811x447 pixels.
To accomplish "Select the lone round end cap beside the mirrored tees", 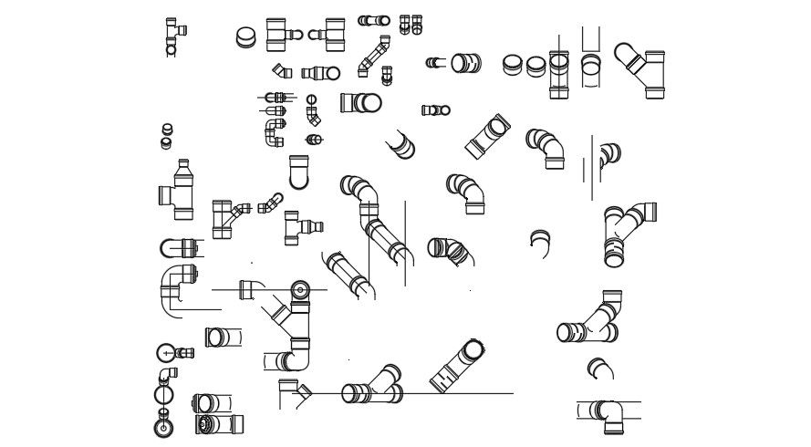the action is pyautogui.click(x=246, y=37).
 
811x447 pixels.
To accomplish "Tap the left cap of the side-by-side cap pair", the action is pyautogui.click(x=513, y=65).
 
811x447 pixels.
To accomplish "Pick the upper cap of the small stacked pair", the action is pyautogui.click(x=167, y=130).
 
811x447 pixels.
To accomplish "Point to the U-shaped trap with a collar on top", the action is pyautogui.click(x=298, y=171).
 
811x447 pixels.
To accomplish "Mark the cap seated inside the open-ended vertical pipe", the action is pyautogui.click(x=591, y=64).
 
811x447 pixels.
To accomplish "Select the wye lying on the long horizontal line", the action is pyautogui.click(x=372, y=386).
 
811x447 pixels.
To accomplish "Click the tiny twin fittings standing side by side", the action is pyautogui.click(x=411, y=24).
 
